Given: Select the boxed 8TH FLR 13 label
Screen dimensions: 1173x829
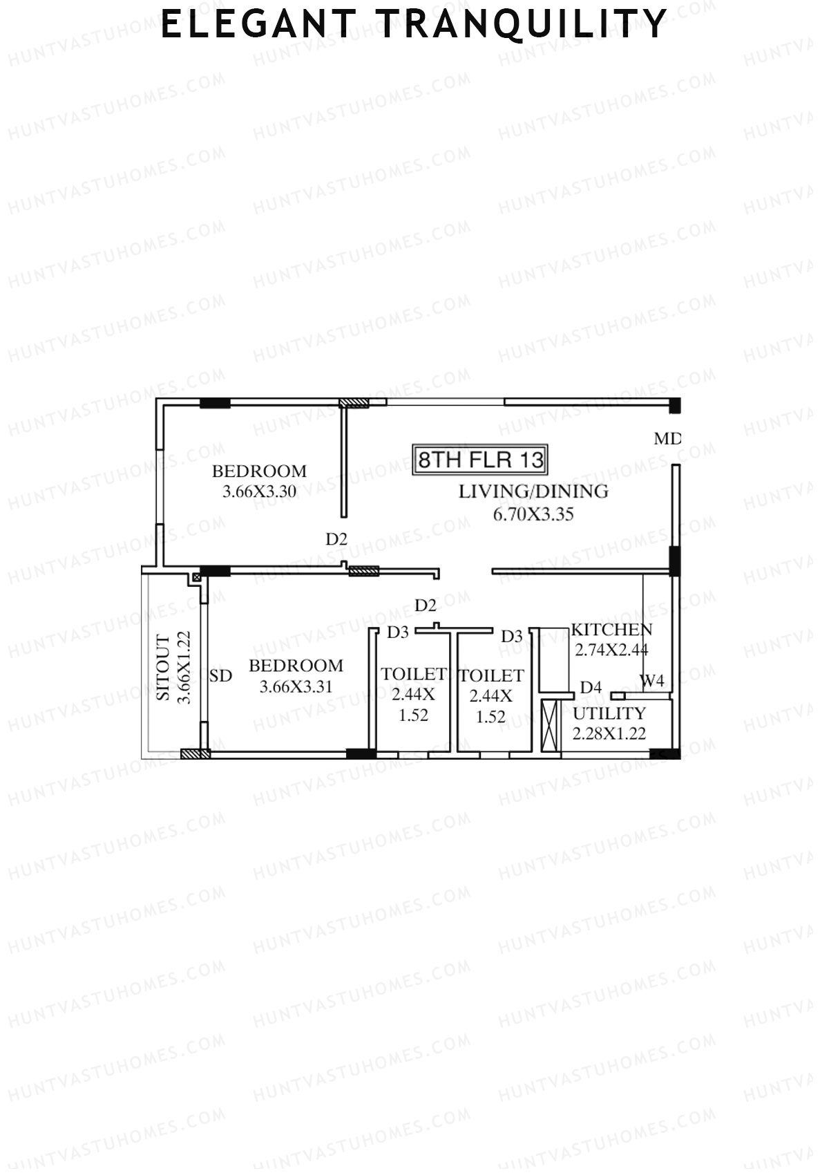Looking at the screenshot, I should pyautogui.click(x=481, y=460).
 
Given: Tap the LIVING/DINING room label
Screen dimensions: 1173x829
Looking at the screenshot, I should pyautogui.click(x=533, y=491).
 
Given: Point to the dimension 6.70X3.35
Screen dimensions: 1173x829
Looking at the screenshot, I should pyautogui.click(x=533, y=514).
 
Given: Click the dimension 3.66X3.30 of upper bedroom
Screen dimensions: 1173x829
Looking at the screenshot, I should pyautogui.click(x=259, y=492).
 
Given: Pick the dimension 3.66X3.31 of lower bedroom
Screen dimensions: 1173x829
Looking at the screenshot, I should pyautogui.click(x=296, y=687).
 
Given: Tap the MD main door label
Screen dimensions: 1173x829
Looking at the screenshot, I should pyautogui.click(x=667, y=438).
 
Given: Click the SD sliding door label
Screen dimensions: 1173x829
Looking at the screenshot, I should pyautogui.click(x=220, y=676).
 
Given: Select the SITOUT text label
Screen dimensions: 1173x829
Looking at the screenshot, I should pyautogui.click(x=163, y=668).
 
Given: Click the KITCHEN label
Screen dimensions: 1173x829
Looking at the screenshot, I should pyautogui.click(x=611, y=630).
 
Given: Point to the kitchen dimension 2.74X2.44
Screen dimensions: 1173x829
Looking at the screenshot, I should pyautogui.click(x=611, y=650).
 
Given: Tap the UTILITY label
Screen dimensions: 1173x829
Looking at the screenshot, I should pyautogui.click(x=609, y=713).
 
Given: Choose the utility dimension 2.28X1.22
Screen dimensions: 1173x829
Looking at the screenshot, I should pyautogui.click(x=609, y=733).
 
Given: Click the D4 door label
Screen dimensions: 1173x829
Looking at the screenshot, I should pyautogui.click(x=591, y=687).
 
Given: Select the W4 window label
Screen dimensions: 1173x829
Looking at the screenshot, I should pyautogui.click(x=651, y=681).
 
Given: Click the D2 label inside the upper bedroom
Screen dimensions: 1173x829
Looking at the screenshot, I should pyautogui.click(x=336, y=539).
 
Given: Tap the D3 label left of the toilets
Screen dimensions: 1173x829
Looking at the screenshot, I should pyautogui.click(x=398, y=632).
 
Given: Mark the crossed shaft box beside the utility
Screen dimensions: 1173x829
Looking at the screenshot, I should pyautogui.click(x=550, y=726).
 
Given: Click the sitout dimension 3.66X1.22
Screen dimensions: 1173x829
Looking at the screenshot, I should pyautogui.click(x=184, y=668).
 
